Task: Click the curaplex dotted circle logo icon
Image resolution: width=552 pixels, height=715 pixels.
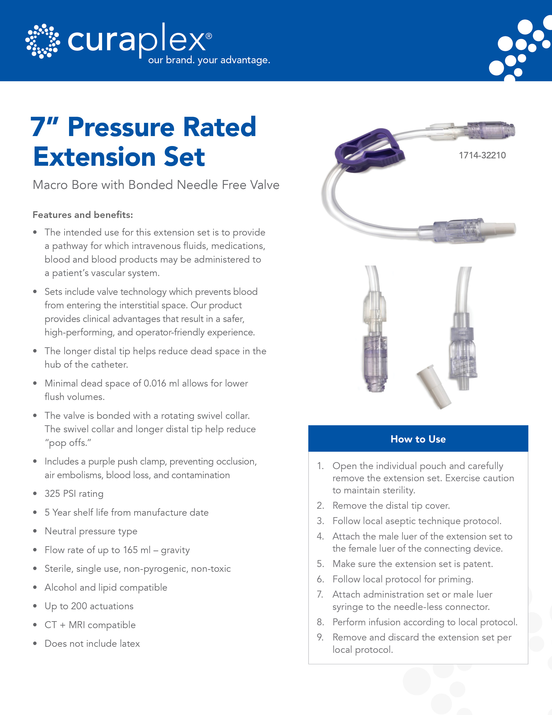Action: point(42,41)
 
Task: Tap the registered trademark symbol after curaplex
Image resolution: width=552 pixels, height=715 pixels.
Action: point(209,36)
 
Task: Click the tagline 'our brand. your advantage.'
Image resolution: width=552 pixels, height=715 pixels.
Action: point(209,60)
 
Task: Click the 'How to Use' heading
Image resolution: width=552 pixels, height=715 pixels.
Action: point(418,439)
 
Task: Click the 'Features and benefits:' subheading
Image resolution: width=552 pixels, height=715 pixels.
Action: point(83,215)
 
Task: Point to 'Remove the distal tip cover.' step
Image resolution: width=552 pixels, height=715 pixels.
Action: point(391,506)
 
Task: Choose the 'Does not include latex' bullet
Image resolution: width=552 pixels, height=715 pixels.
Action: point(92,644)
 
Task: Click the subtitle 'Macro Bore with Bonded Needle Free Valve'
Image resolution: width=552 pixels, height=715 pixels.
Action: point(156,185)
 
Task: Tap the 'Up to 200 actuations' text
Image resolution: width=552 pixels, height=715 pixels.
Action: point(89,606)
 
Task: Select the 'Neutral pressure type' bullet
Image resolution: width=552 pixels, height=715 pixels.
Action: point(91,531)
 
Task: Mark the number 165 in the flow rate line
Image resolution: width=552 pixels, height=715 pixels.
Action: point(130,550)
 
